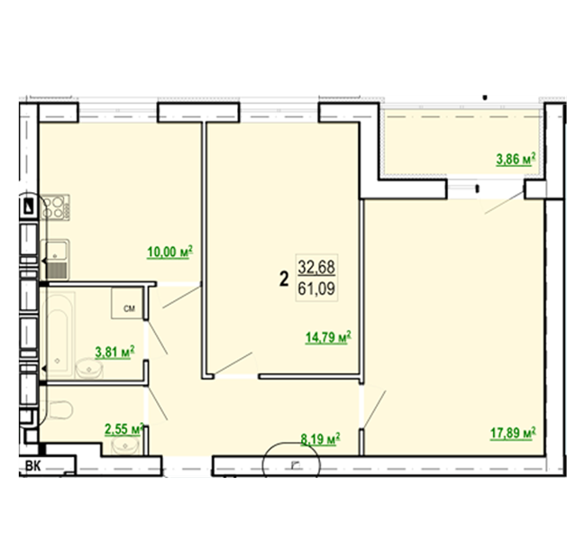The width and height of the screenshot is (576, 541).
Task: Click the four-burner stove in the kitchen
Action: (55, 207)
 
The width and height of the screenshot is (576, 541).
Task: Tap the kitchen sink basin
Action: (55, 250)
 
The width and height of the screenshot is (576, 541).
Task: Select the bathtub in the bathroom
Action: (58, 335)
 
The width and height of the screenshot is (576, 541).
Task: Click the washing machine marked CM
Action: (127, 303)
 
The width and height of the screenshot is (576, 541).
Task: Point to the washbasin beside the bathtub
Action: (89, 369)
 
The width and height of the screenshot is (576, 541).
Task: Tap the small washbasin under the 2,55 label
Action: (125, 446)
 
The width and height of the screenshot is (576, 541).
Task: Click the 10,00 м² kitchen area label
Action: (169, 252)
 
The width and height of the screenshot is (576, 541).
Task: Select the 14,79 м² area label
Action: (328, 337)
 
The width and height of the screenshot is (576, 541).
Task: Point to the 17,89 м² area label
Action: (513, 433)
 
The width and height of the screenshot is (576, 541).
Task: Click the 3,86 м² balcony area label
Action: (516, 159)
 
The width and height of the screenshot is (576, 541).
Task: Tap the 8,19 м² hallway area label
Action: (320, 439)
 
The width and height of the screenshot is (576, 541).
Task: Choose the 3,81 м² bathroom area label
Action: (114, 352)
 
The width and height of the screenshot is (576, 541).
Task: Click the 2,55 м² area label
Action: (124, 428)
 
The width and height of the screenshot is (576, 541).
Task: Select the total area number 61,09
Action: (316, 289)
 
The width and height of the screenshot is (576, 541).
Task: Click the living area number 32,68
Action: (316, 267)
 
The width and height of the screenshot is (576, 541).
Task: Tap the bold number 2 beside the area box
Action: (284, 279)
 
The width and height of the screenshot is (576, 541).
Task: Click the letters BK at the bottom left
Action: (32, 466)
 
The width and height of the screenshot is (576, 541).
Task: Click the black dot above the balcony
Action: (485, 97)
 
